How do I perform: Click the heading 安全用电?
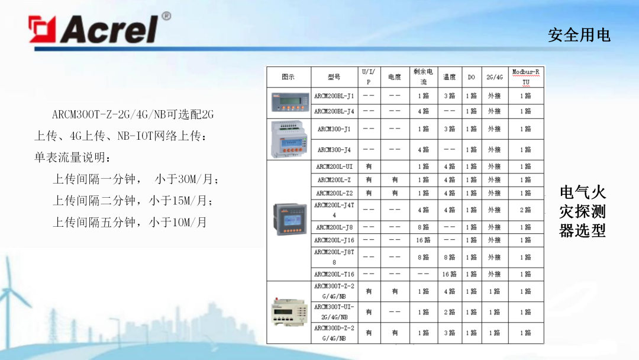pyautogui.click(x=579, y=35)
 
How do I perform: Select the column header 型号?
pyautogui.click(x=334, y=77)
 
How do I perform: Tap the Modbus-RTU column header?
pyautogui.click(x=525, y=77)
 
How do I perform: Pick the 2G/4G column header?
pyautogui.click(x=494, y=77)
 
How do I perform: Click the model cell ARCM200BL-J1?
pyautogui.click(x=334, y=95)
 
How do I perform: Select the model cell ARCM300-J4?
pyautogui.click(x=334, y=150)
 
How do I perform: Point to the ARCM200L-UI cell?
pyautogui.click(x=334, y=166)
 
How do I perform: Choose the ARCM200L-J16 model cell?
pyautogui.click(x=334, y=240)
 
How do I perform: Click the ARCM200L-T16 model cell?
pyautogui.click(x=334, y=274)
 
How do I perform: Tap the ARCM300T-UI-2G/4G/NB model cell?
pyautogui.click(x=334, y=312)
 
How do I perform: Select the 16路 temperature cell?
pyautogui.click(x=449, y=274)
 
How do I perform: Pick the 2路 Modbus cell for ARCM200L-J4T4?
pyautogui.click(x=525, y=210)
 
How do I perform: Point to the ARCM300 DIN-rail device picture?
pyautogui.click(x=288, y=139)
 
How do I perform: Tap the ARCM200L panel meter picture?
pyautogui.click(x=288, y=219)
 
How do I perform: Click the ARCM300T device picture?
pyautogui.click(x=288, y=311)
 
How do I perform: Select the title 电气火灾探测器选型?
pyautogui.click(x=582, y=211)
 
